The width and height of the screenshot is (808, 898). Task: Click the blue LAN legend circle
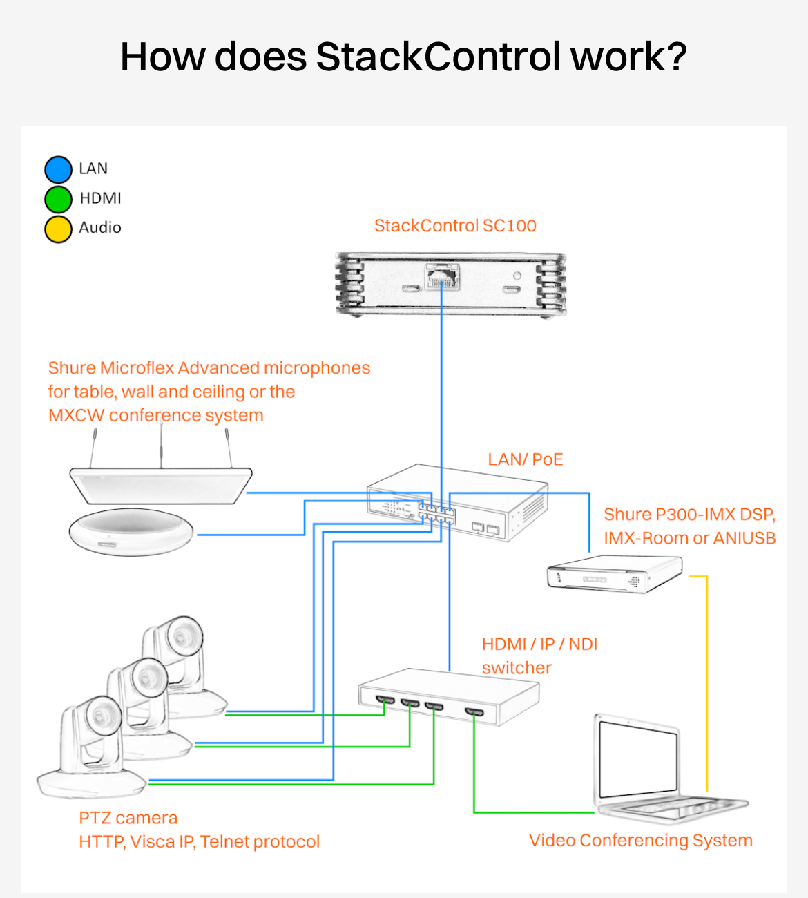coord(58,170)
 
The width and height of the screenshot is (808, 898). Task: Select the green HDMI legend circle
coord(58,199)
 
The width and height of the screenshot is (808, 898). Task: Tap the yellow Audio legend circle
coord(58,229)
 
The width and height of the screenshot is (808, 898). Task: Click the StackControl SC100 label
coord(455,226)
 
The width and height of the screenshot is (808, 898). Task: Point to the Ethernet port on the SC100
coord(442,276)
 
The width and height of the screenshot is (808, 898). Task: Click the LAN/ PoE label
coord(525,459)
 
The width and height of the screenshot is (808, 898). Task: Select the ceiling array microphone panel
coord(161,486)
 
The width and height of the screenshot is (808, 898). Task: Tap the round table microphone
coord(131,533)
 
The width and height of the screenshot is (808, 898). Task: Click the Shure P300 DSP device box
coord(615,573)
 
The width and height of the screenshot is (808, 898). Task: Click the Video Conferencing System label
coord(641,840)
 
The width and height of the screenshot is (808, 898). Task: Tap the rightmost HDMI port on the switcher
coord(474,711)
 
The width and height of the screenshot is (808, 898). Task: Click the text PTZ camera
coord(128,818)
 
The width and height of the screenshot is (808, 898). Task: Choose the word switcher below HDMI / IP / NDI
coord(517,668)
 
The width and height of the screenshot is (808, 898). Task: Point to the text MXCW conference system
coord(156,415)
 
